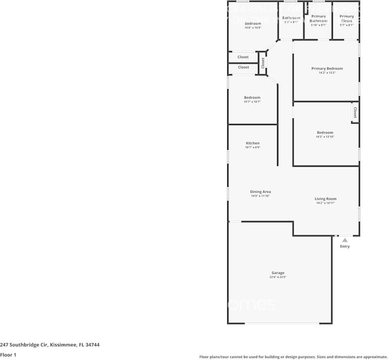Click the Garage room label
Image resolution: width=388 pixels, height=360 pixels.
coord(278,273)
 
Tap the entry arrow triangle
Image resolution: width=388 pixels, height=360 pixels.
coord(345,240)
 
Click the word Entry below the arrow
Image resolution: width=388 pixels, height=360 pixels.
coord(345,246)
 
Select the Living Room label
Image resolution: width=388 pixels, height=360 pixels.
coord(326,199)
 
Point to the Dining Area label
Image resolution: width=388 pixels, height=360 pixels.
coord(260,192)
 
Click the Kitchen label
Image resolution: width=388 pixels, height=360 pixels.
coord(252,143)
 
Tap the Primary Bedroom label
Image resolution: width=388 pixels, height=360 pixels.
coord(327,68)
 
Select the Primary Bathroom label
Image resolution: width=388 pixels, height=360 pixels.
coord(318,19)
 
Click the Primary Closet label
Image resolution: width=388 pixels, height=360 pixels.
coord(347,19)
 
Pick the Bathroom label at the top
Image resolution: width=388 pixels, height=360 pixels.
coord(291,18)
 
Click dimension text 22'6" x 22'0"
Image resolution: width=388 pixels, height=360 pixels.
coord(278,277)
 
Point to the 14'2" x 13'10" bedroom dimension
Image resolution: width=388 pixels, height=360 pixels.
coord(325,137)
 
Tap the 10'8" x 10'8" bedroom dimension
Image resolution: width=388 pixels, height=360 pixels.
coord(253,28)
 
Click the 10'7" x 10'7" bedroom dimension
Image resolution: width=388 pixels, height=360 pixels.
coord(252,102)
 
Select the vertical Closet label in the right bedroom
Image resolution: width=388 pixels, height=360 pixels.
coord(355,113)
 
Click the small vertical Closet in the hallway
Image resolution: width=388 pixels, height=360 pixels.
coord(262,62)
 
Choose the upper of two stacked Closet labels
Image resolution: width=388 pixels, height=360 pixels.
coord(243,57)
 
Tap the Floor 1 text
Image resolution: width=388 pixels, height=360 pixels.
coord(8,355)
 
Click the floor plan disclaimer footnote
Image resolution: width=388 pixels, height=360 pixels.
coord(293,357)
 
